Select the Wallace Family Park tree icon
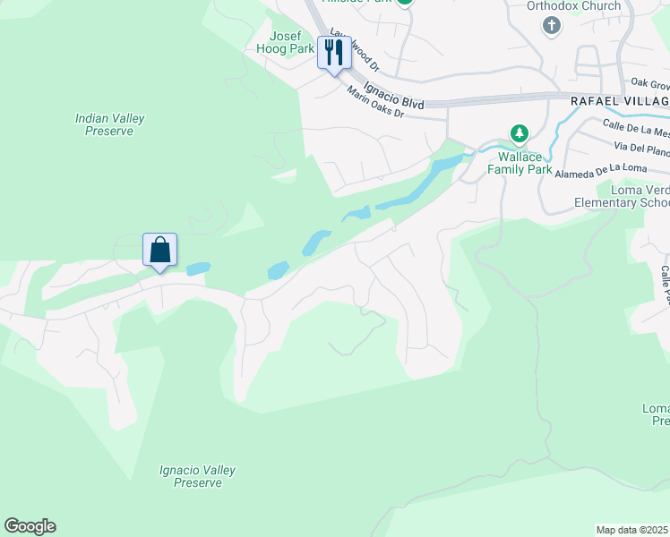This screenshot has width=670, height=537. [519, 133]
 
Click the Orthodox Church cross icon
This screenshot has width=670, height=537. [552, 26]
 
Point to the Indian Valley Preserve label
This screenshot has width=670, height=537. [110, 124]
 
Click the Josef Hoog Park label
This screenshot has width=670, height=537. [286, 42]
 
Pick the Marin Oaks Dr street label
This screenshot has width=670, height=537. [376, 106]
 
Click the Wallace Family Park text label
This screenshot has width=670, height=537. [519, 161]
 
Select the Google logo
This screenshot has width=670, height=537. [30, 526]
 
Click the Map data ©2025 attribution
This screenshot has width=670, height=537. [632, 530]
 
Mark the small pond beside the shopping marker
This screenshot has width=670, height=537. [197, 268]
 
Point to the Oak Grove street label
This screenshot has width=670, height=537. [649, 84]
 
